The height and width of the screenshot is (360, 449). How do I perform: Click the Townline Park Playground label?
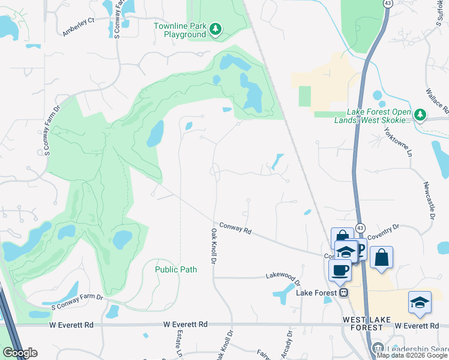coord(180,30)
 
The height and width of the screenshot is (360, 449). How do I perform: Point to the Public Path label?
coord(176,269)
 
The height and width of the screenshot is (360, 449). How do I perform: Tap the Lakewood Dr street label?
coord(283,277)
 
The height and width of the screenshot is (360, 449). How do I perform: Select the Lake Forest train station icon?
coord(343,292)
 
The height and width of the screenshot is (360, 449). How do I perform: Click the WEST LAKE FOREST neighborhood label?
coord(372,323)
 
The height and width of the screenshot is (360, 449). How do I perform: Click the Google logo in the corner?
coord(20,353)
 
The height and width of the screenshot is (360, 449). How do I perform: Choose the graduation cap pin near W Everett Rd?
coord(420,303)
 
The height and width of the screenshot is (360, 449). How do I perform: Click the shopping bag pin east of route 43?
coord(381,258)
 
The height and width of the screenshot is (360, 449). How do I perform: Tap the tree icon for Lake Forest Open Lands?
coord(421,114)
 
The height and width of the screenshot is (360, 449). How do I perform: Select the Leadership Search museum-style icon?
coord(378,348)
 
